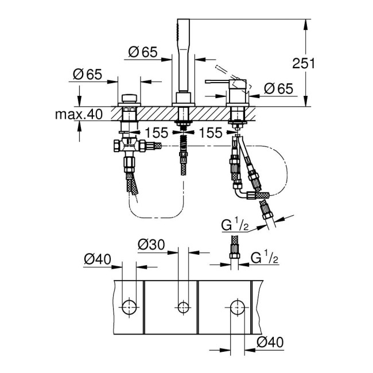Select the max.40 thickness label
click(x=79, y=114)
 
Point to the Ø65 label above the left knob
click(x=88, y=74)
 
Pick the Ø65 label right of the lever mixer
click(x=279, y=88)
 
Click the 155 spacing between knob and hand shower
click(x=156, y=133)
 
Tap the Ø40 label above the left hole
click(x=96, y=259)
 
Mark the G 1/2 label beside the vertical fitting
click(x=265, y=258)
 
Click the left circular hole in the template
click(x=129, y=306)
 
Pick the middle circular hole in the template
click(x=184, y=306)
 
